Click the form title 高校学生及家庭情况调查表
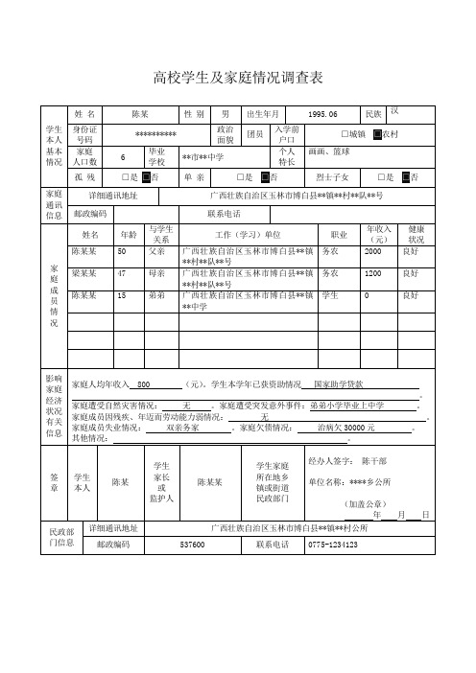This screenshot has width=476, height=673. pyautogui.click(x=238, y=76)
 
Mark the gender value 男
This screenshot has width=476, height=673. pyautogui.click(x=225, y=114)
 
